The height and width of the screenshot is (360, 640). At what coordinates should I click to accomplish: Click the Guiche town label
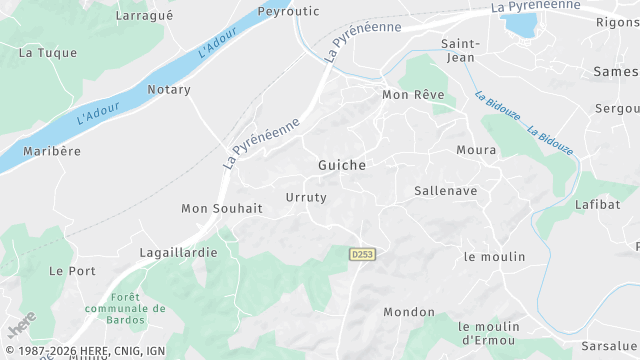point(341,165)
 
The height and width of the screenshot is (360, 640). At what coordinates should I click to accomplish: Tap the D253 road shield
point(362,255)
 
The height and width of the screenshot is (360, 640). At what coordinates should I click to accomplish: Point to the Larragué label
point(145,16)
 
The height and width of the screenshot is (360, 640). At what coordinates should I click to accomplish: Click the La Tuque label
point(48,52)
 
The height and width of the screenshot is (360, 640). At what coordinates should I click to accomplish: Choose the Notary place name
point(168,90)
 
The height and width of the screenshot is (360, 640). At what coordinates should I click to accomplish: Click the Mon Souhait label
point(221,208)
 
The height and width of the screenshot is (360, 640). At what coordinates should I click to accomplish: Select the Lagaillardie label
point(178,253)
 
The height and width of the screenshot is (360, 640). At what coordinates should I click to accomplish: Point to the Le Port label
point(71,271)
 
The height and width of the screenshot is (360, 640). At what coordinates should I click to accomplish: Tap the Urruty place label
point(306,197)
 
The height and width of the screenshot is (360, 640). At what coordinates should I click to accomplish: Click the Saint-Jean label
point(461,49)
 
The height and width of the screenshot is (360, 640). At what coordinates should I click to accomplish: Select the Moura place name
point(476,150)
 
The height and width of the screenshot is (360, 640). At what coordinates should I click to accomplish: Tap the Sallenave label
point(445,190)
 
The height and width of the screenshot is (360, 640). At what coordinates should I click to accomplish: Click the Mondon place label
point(409,312)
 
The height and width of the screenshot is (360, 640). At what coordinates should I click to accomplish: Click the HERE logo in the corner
point(21,326)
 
